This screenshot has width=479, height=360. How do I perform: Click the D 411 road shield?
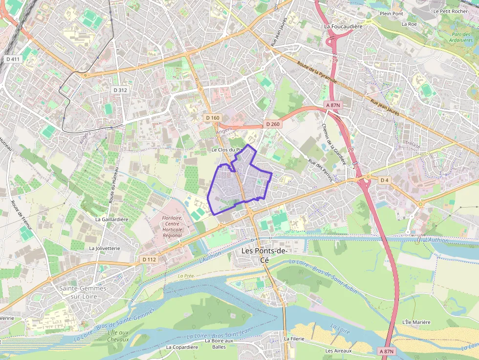(13, 59)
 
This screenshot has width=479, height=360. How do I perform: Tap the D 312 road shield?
(120, 90)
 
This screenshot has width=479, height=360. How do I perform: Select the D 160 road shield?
(213, 118)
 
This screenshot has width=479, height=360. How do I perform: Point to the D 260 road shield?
(273, 124)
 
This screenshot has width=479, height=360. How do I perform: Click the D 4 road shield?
(385, 180)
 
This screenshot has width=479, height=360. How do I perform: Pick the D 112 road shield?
(149, 259)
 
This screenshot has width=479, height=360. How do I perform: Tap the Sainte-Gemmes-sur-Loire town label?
(84, 292)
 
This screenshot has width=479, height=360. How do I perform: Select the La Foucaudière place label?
(343, 26)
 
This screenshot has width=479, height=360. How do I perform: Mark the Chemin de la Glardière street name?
(334, 144)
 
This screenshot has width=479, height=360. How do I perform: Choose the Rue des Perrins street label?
(320, 170)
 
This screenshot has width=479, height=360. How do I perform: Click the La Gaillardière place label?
(111, 219)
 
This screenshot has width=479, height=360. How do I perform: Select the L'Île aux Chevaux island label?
(118, 336)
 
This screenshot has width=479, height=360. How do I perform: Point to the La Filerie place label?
(294, 339)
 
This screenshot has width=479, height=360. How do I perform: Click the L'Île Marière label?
(416, 322)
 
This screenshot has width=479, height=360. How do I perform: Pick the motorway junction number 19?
(335, 61)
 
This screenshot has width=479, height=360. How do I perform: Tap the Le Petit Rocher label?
(450, 11)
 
